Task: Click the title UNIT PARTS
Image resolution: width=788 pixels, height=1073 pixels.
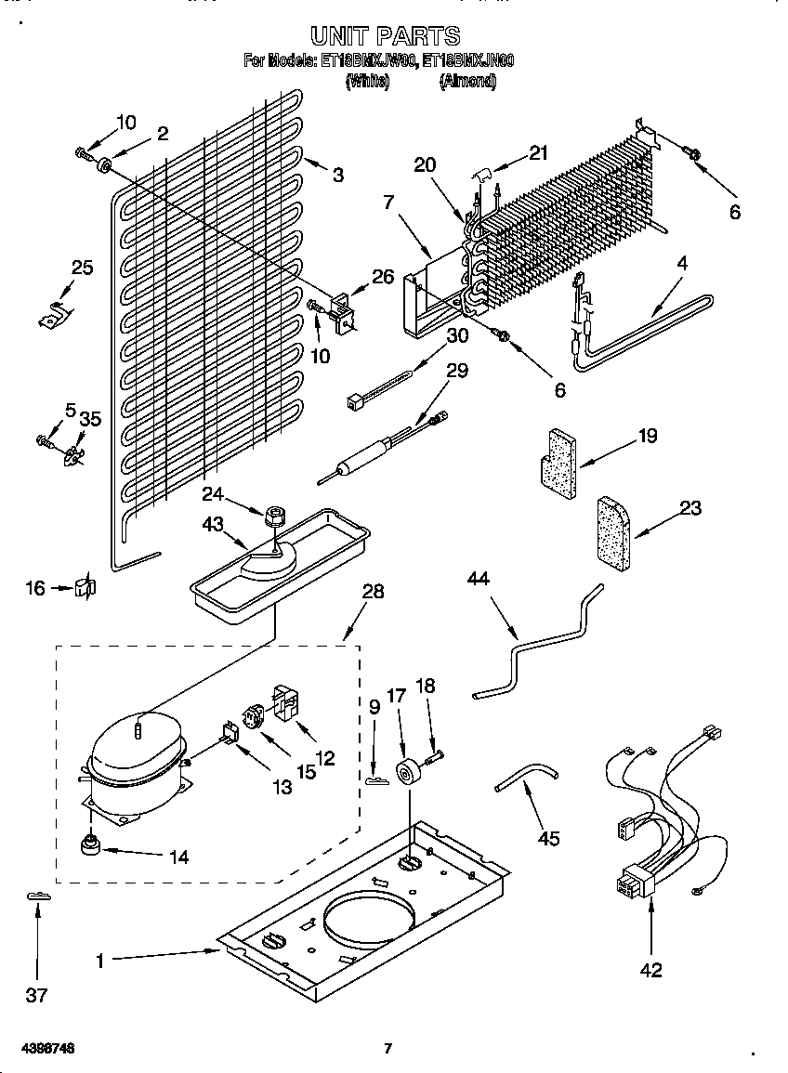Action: (385, 36)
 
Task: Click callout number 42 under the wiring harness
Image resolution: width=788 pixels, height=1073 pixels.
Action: (651, 970)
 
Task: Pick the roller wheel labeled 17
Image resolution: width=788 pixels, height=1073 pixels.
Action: (406, 773)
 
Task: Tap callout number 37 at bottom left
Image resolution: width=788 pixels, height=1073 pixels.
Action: (36, 995)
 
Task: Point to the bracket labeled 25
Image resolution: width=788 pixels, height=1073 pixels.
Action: (57, 312)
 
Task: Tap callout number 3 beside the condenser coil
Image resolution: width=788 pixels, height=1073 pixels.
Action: (338, 174)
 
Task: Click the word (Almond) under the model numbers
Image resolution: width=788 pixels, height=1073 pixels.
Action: (467, 82)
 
